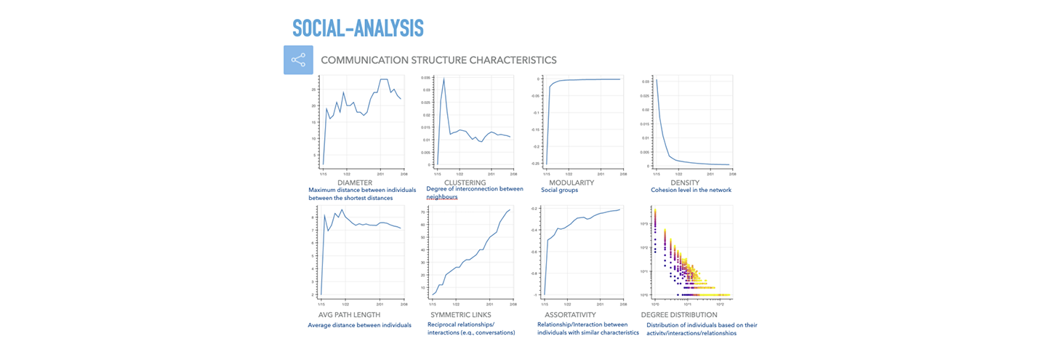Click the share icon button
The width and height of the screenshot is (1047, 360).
click(x=298, y=60)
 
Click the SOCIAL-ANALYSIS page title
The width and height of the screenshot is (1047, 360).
click(x=358, y=28)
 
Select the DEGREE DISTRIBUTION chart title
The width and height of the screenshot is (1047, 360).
click(x=679, y=315)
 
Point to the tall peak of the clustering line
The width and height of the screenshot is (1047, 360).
click(x=444, y=79)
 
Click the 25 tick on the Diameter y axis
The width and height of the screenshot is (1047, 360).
click(x=313, y=89)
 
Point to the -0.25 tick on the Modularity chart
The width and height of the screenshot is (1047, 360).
click(x=536, y=164)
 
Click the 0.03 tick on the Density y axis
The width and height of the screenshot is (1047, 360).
click(x=645, y=82)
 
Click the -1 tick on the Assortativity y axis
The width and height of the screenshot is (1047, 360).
click(x=538, y=295)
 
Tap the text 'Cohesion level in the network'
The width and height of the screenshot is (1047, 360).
click(x=686, y=191)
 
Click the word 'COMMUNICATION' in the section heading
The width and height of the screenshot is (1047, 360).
click(x=366, y=60)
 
